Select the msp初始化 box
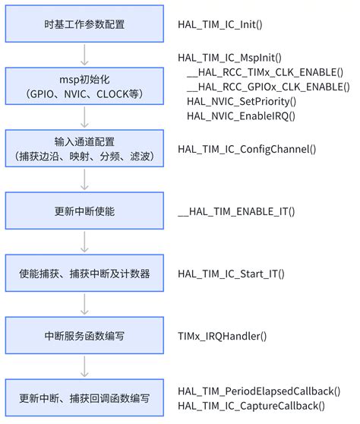click(x=84, y=88)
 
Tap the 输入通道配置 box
click(x=84, y=148)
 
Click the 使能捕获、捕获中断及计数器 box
click(x=84, y=272)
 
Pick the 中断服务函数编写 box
click(x=84, y=334)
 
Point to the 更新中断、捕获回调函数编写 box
click(x=84, y=397)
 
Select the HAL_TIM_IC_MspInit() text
click(x=229, y=58)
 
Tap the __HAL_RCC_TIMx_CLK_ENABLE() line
click(x=264, y=72)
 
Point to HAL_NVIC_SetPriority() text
click(x=241, y=101)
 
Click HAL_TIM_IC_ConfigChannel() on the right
click(x=246, y=149)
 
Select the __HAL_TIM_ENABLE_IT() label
click(x=235, y=210)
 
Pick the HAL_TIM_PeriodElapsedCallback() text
click(x=259, y=391)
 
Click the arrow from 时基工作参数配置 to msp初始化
click(x=84, y=55)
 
